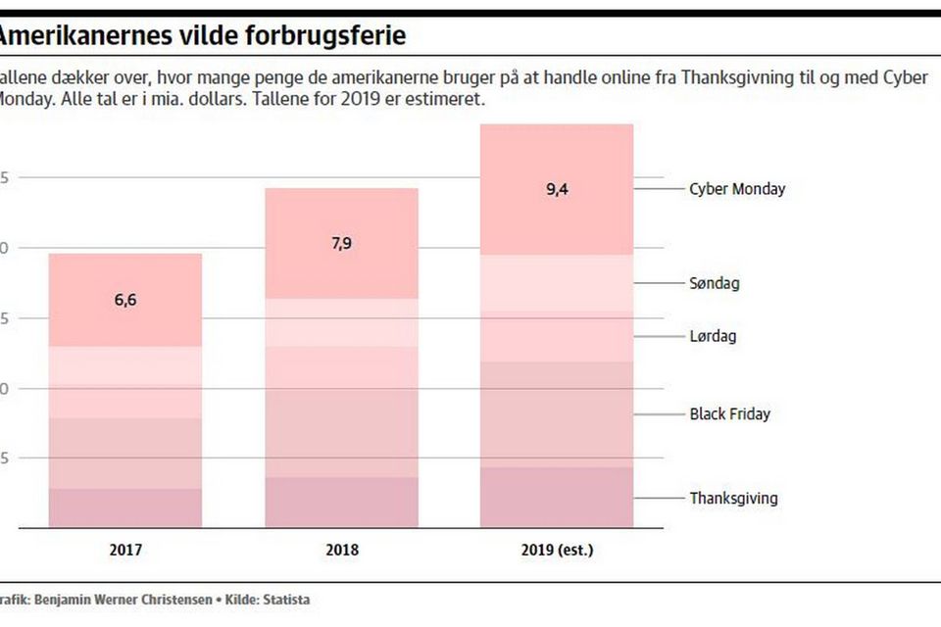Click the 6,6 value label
click(x=125, y=301)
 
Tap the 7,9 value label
click(x=341, y=244)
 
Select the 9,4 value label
click(x=557, y=190)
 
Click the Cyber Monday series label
click(x=737, y=189)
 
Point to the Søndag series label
click(x=715, y=283)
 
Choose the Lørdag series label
click(x=713, y=336)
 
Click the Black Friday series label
click(x=729, y=413)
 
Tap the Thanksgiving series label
click(x=733, y=498)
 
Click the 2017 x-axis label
click(x=125, y=550)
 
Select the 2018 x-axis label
click(x=341, y=550)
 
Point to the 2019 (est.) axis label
click(x=557, y=550)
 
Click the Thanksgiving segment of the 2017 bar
click(x=125, y=507)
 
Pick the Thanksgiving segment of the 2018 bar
click(x=341, y=502)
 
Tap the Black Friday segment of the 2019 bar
click(x=557, y=414)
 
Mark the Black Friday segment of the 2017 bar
click(x=125, y=454)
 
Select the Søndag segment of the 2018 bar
click(x=341, y=322)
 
